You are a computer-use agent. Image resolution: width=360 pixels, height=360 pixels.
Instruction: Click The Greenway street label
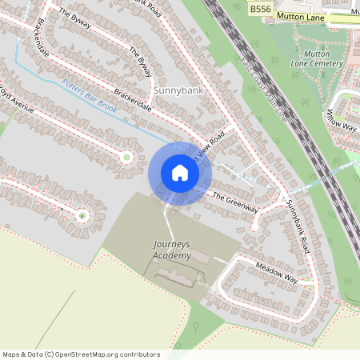click(235, 202)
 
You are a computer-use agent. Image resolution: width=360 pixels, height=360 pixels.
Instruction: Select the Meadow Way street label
click(276, 273)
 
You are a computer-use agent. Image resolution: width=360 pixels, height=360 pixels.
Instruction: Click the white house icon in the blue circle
click(180, 173)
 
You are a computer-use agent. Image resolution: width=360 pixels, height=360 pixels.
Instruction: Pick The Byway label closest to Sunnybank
click(140, 62)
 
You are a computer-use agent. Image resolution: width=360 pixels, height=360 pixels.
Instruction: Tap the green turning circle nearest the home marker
click(126, 157)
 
